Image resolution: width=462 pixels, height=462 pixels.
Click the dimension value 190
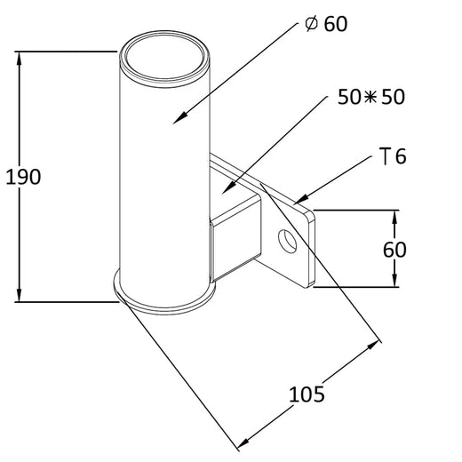pos(23,177)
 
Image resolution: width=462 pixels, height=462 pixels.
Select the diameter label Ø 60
pos(325,24)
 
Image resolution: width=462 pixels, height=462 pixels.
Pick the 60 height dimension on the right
pos(394,249)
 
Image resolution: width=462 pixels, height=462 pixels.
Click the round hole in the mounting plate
pos(287,241)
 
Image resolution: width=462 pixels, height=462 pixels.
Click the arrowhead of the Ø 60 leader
pos(177,118)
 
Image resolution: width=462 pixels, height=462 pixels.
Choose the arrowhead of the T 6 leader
pos(300,199)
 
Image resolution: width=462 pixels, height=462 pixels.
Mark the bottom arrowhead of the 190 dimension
pos(19,295)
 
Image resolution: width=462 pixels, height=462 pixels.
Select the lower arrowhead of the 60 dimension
pos(394,282)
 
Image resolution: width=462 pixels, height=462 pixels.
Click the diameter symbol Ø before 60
pos(312,24)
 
